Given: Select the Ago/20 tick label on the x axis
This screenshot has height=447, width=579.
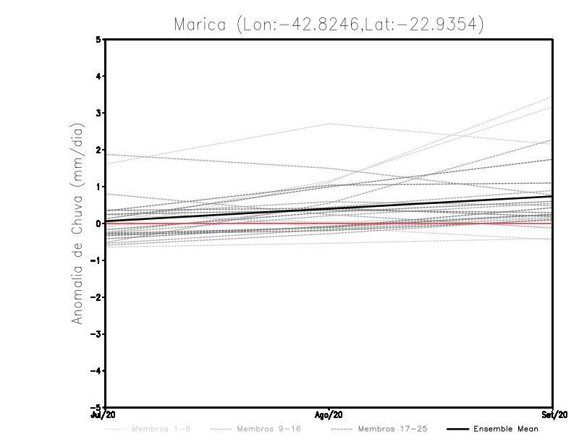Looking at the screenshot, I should (x=329, y=415).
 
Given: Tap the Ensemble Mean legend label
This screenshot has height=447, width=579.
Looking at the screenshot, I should (x=505, y=429).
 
